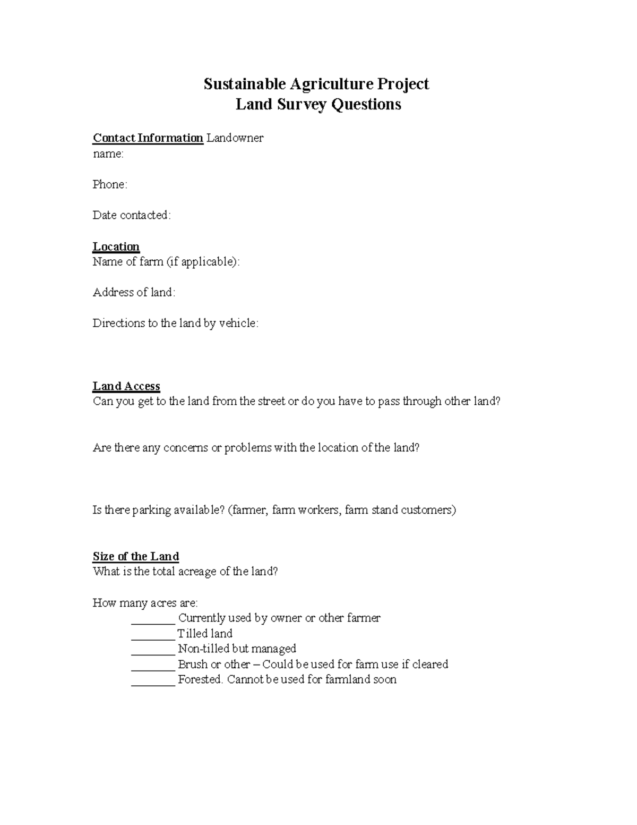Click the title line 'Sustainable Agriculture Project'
316,84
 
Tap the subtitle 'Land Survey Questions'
318,104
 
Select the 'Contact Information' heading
148,138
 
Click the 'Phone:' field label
110,184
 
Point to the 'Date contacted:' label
132,215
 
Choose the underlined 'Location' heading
116,246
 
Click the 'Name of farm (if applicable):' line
166,262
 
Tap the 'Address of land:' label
134,293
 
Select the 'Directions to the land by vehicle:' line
176,324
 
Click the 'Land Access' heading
126,386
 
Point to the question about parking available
274,511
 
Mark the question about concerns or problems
256,448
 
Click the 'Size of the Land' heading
135,556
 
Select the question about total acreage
185,572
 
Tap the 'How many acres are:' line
145,603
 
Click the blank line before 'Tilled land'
153,634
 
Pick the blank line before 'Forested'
153,681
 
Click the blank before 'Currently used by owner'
153,619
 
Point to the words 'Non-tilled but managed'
237,649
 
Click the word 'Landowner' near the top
235,138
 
